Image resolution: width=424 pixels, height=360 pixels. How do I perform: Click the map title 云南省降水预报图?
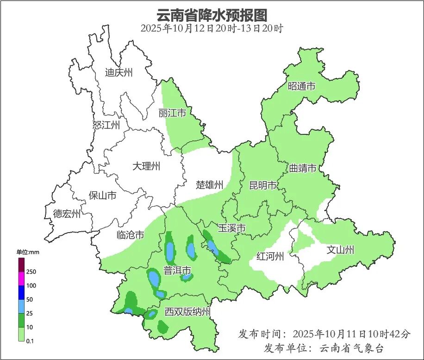(x=212, y=15)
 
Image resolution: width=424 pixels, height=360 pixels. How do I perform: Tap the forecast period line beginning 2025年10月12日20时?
(x=212, y=29)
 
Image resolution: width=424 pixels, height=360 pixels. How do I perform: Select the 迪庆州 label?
(x=118, y=73)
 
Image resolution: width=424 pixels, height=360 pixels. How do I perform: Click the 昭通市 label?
(x=301, y=86)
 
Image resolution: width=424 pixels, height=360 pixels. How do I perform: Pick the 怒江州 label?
(x=106, y=126)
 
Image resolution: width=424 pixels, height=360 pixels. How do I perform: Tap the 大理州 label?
(x=146, y=166)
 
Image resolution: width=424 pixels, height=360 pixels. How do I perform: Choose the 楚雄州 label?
(x=209, y=185)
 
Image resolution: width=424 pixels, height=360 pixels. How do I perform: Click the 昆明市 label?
(x=262, y=186)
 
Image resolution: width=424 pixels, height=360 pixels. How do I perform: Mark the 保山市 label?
(x=102, y=196)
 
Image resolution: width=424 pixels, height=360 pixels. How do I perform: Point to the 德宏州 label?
(x=67, y=214)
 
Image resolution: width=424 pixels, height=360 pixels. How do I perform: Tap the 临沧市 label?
(x=130, y=235)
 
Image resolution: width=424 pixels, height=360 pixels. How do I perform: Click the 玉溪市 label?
(x=231, y=228)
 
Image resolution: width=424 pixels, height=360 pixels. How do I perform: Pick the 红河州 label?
(x=270, y=256)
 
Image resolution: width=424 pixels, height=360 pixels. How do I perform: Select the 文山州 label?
(x=340, y=250)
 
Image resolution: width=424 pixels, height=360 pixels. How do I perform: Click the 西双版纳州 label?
(x=187, y=312)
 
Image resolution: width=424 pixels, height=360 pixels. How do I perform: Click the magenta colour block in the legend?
(x=21, y=279)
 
